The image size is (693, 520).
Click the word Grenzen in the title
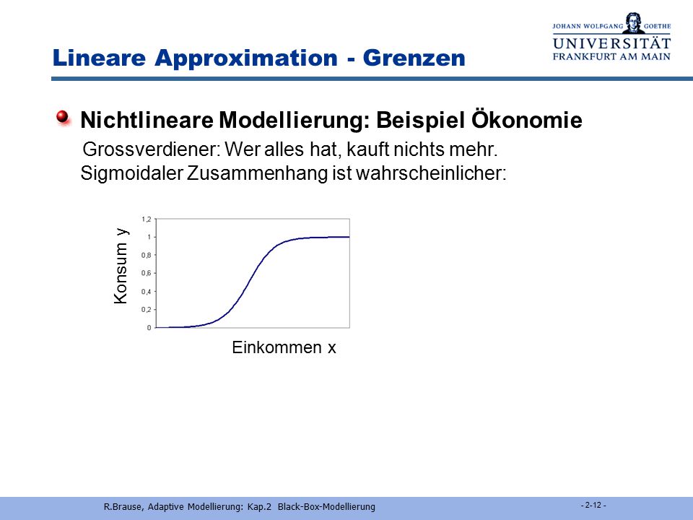[414, 58]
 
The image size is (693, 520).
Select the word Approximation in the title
[246, 58]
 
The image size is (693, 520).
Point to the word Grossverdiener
[151, 149]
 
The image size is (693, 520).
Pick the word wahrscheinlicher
[430, 173]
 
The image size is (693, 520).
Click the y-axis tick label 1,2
[147, 220]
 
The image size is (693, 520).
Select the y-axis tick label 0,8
[147, 255]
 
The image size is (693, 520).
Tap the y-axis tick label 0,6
[147, 273]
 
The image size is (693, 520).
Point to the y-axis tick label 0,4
[147, 291]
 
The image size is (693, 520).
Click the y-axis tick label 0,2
[147, 310]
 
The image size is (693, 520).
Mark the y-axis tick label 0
[149, 328]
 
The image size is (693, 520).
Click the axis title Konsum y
[121, 266]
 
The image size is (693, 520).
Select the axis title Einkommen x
[284, 347]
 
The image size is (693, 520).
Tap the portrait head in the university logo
[633, 22]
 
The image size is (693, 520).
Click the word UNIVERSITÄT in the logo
[611, 43]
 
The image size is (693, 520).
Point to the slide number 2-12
[593, 505]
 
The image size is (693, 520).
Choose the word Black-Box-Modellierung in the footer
[326, 507]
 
